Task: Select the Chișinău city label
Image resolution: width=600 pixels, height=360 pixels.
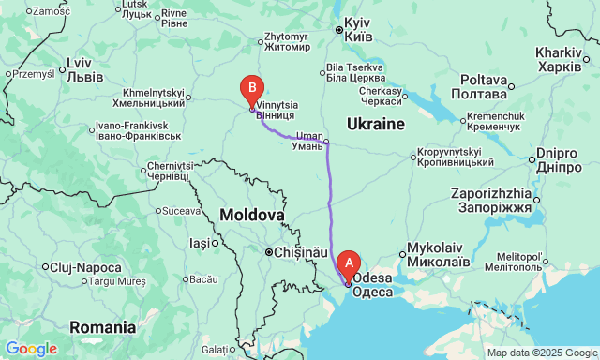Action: point(300,252)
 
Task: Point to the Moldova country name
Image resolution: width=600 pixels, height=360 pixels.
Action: point(251,216)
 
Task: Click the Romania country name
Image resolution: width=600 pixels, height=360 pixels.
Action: point(102,327)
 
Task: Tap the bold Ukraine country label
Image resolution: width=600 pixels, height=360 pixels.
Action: point(375,124)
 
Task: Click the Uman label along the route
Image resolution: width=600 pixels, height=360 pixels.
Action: point(308,142)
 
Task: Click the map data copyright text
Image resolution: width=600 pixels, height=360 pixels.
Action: point(540,352)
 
